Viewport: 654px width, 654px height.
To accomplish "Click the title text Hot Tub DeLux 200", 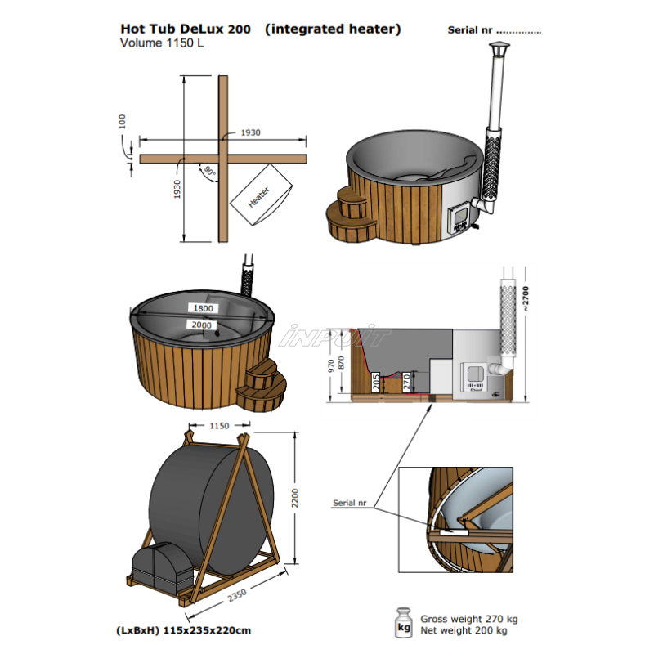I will (187, 29).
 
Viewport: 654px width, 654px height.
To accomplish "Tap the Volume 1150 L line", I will (161, 44).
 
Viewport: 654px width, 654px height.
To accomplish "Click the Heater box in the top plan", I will (261, 195).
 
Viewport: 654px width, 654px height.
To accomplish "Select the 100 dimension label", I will (123, 122).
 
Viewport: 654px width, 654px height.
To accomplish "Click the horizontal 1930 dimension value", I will (250, 132).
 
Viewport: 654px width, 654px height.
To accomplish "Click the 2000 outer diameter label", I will (202, 325).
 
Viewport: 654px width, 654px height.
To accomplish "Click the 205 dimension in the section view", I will (375, 382).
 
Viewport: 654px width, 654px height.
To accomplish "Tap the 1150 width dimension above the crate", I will (219, 426).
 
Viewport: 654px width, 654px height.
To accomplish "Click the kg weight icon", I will (404, 623).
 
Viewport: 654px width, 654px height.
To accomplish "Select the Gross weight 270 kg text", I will (469, 619).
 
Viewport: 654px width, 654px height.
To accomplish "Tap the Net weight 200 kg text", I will (464, 631).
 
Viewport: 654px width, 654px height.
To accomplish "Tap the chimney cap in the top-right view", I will (498, 53).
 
